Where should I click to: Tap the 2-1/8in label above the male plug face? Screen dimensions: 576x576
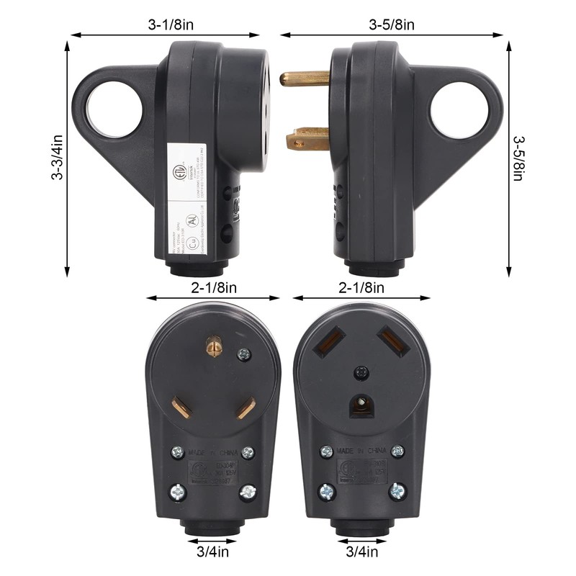[x=212, y=288]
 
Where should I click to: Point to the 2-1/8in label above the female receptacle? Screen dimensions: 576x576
[x=361, y=288]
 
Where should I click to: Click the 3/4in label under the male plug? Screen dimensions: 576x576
[x=212, y=553]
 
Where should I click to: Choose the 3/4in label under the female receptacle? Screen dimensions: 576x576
[x=362, y=553]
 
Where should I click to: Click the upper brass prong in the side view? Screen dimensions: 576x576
[x=304, y=78]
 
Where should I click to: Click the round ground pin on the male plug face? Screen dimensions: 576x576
[x=213, y=347]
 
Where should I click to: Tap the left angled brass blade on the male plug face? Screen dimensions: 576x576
[x=181, y=406]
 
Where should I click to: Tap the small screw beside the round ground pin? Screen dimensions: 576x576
[x=243, y=354]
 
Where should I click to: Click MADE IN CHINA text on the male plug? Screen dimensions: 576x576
[x=213, y=452]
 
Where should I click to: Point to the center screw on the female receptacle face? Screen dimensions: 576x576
[x=360, y=372]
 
